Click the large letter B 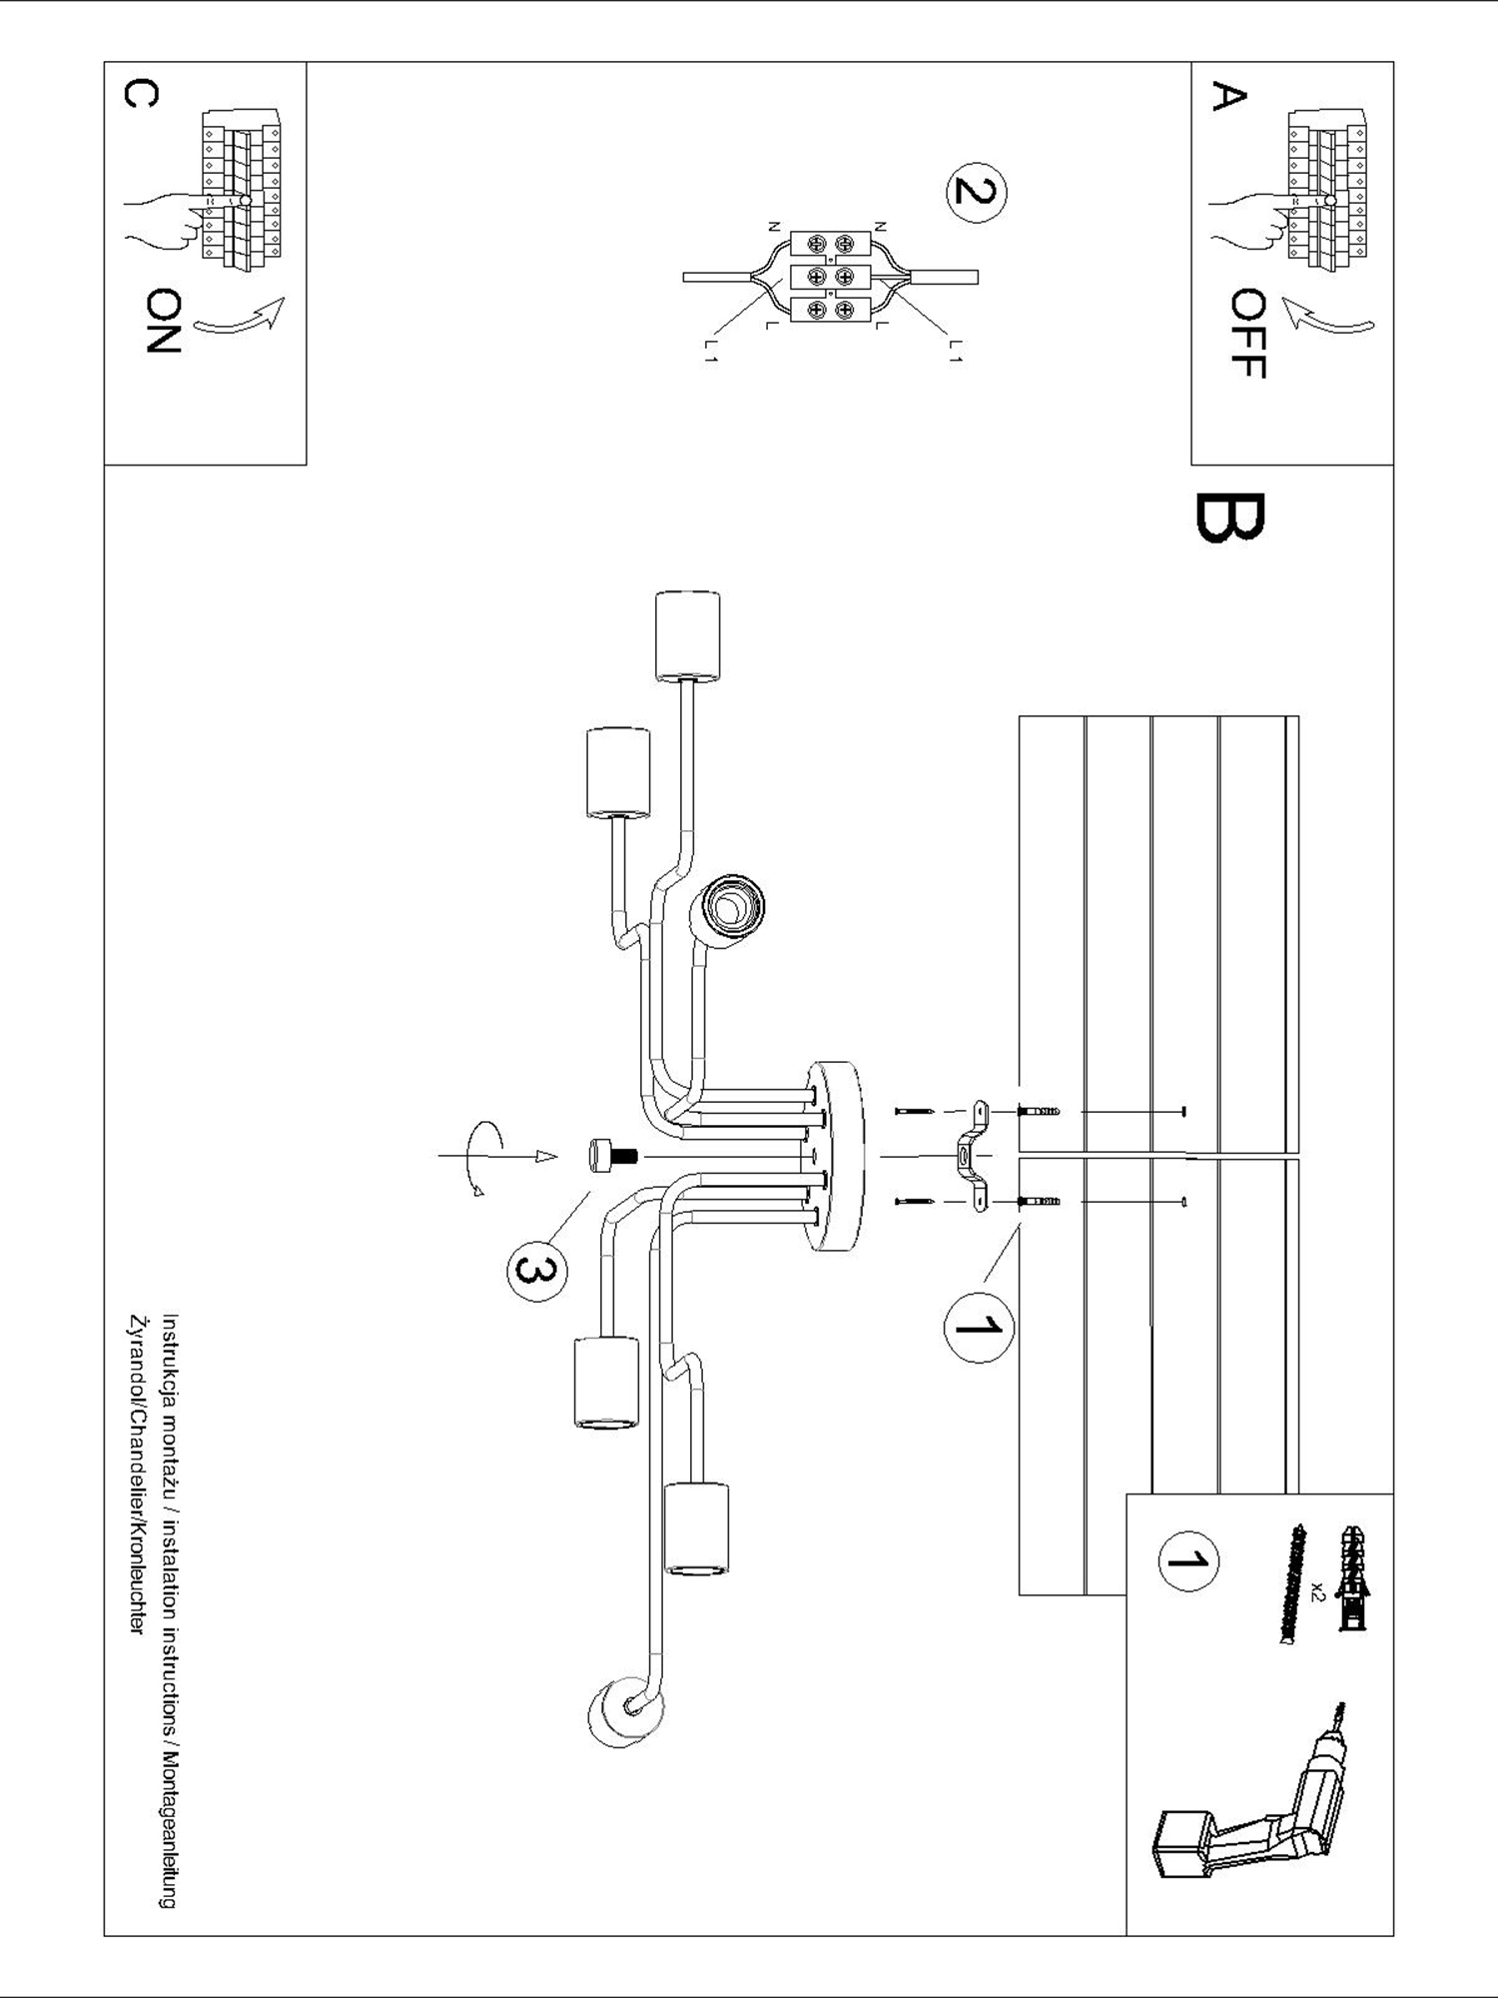1228,517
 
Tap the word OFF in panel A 1248,334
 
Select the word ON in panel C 163,321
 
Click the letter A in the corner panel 1228,97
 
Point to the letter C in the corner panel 139,94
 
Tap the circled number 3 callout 535,1270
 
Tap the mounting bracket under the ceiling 969,1157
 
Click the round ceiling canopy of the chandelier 839,1156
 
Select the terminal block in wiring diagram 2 829,277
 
